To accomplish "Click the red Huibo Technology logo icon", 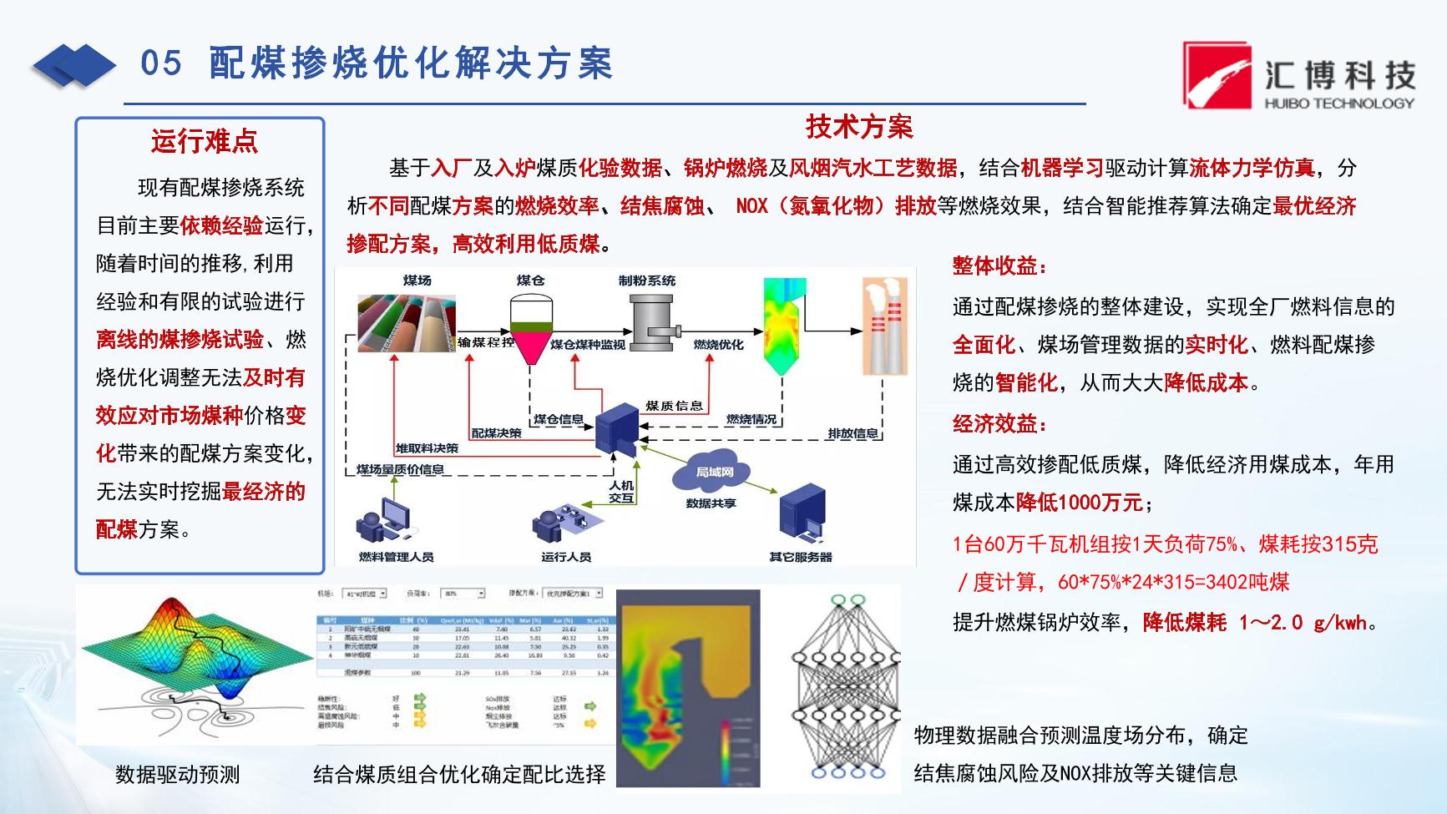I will [x=1217, y=76].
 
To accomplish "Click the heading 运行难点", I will [x=204, y=141].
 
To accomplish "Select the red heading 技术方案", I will [x=859, y=127].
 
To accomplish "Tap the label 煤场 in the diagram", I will [x=417, y=281].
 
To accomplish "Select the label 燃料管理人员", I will [x=396, y=557].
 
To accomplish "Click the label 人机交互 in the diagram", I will [x=621, y=492].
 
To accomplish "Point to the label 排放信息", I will [x=853, y=433].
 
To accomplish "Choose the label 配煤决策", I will [x=496, y=433].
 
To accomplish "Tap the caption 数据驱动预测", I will [x=177, y=775].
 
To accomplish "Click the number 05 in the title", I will [x=161, y=63].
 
